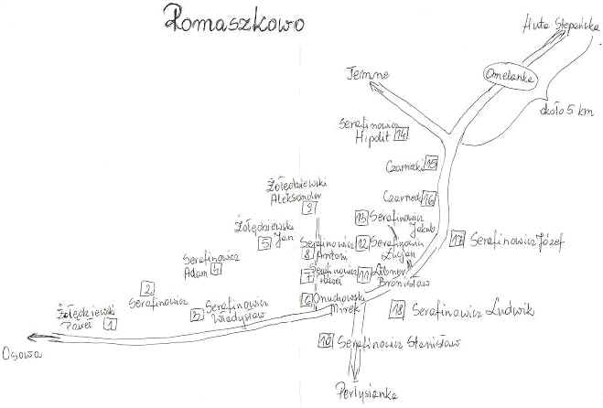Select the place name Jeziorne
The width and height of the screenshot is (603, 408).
coord(370,73)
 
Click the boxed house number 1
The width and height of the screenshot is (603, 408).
coord(110,322)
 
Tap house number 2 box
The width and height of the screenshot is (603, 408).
coord(147,288)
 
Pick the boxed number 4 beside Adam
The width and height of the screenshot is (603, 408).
coord(216,269)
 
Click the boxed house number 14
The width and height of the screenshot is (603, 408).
coord(400,136)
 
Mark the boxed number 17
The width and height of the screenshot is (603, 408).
coord(458,241)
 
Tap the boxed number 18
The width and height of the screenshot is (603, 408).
coord(396,310)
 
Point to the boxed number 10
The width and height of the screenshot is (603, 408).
coord(325,344)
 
